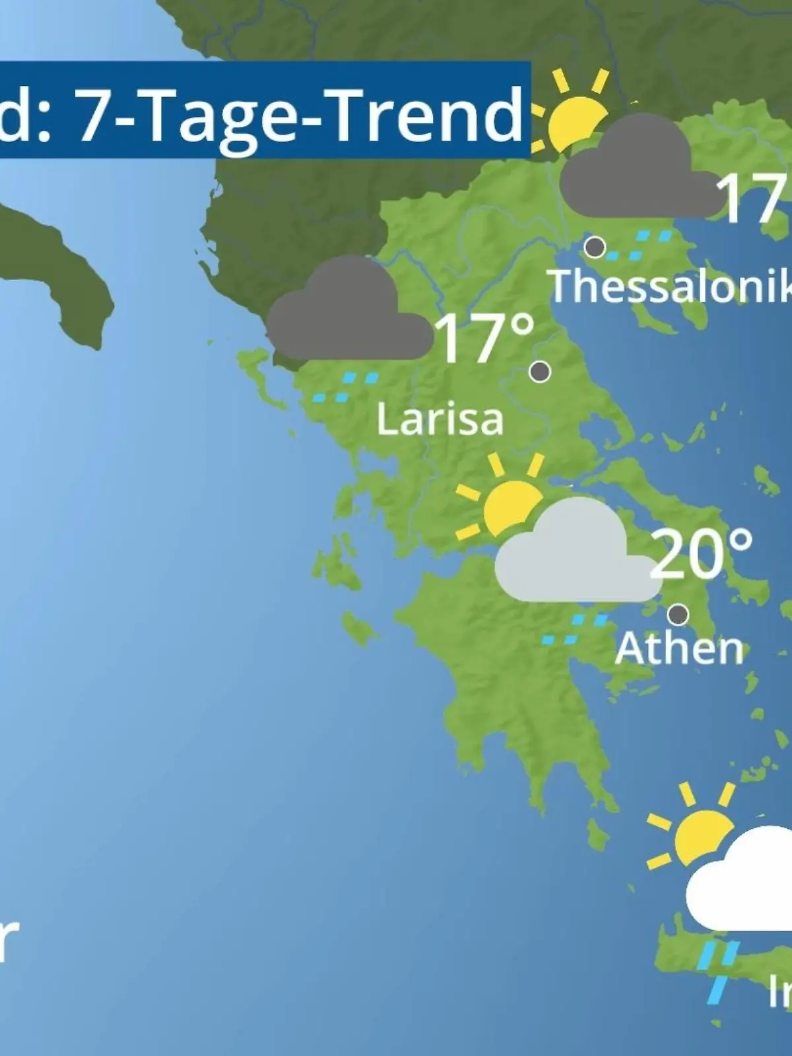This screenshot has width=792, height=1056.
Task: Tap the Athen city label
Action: coord(679,649)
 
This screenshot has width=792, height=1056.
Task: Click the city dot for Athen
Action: coord(678,614)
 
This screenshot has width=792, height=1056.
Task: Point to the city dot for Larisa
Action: coord(540,372)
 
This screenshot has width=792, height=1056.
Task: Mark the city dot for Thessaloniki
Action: coord(595,247)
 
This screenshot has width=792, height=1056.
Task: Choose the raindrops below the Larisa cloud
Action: coord(346,387)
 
